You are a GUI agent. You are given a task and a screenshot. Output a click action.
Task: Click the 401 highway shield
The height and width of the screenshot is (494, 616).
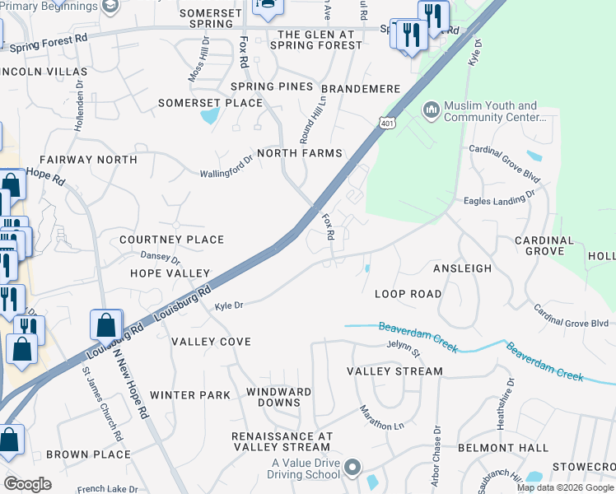386,123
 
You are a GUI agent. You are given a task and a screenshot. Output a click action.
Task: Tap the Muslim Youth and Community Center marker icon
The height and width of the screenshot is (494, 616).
432,110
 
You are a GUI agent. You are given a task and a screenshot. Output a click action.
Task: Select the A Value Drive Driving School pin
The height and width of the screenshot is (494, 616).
352,468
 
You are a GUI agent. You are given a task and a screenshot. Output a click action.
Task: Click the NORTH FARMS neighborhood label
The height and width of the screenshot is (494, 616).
299,153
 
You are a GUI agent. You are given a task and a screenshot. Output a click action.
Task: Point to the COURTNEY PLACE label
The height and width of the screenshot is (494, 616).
171,240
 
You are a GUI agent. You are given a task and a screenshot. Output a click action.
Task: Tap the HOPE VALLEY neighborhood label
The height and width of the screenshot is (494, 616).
170,273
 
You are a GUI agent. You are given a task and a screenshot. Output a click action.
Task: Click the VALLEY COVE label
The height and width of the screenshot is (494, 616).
211,341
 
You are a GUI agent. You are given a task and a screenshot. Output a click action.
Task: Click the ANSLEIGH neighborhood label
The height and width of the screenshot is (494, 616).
462,268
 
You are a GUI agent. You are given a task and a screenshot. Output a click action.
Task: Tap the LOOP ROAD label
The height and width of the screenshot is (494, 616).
408,294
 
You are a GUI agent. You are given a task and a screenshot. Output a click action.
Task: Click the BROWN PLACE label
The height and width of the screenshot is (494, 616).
88,454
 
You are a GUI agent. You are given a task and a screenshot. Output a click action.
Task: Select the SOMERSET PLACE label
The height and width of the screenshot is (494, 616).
210,103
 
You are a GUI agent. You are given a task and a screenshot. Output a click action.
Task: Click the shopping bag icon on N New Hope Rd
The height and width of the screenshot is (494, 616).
107,326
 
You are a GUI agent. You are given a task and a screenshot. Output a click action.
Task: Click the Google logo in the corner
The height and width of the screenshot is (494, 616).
27,484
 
